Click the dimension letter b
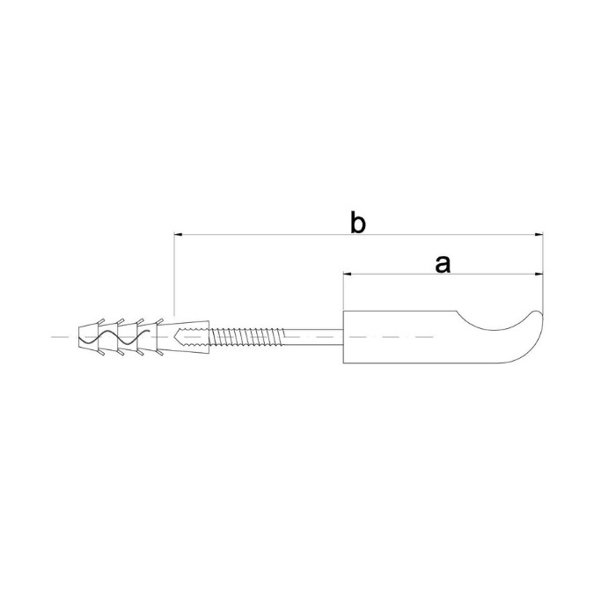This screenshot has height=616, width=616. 358,223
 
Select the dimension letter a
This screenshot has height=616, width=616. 443,264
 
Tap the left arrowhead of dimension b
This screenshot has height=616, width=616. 179,235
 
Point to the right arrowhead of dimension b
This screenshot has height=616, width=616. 539,235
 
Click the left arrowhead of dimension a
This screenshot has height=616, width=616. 348,274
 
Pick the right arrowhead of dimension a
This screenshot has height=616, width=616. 539,274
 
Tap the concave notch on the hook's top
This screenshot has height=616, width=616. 493,325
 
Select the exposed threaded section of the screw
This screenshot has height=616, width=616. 246,337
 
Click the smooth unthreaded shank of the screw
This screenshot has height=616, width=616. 313,337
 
